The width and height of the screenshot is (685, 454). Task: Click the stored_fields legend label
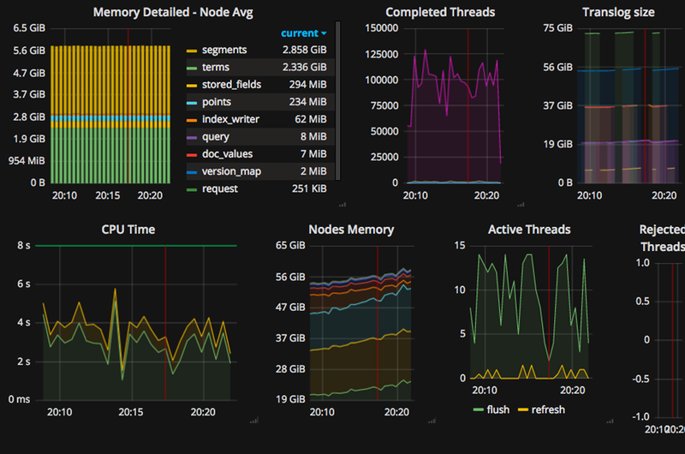tap(231, 85)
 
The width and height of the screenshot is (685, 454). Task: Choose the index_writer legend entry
tap(230, 119)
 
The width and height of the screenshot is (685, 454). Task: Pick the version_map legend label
tap(231, 171)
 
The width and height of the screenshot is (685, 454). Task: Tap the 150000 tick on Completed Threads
tap(380, 28)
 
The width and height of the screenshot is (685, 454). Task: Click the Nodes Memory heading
tap(351, 230)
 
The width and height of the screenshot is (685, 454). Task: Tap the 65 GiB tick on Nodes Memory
tap(290, 246)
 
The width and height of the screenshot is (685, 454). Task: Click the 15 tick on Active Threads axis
tap(459, 246)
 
